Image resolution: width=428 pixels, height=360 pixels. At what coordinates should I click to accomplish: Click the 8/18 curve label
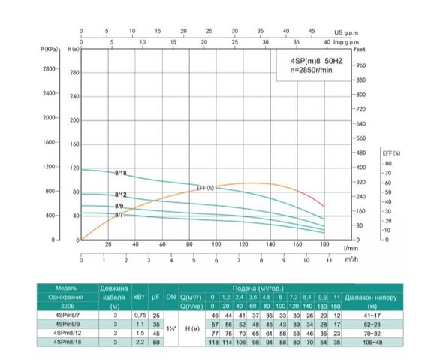pyautogui.click(x=121, y=173)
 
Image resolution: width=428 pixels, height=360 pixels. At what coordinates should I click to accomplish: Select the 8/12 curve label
pyautogui.click(x=121, y=195)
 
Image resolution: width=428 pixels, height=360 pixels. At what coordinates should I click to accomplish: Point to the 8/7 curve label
pyautogui.click(x=119, y=215)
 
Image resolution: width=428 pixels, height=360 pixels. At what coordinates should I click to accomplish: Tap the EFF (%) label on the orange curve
pyautogui.click(x=205, y=187)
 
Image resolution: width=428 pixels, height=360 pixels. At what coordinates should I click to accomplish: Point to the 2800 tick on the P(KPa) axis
pyautogui.click(x=49, y=68)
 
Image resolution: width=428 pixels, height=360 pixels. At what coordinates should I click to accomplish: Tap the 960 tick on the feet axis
pyautogui.click(x=361, y=66)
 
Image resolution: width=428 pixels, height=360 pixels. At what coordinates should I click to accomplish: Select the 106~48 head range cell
pyautogui.click(x=366, y=343)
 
